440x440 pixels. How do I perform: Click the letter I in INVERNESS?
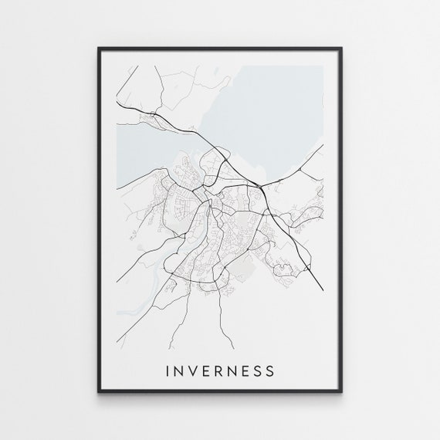point(169,371)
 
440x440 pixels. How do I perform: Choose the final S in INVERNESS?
point(271,371)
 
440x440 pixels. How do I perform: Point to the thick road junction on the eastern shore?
point(263,184)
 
